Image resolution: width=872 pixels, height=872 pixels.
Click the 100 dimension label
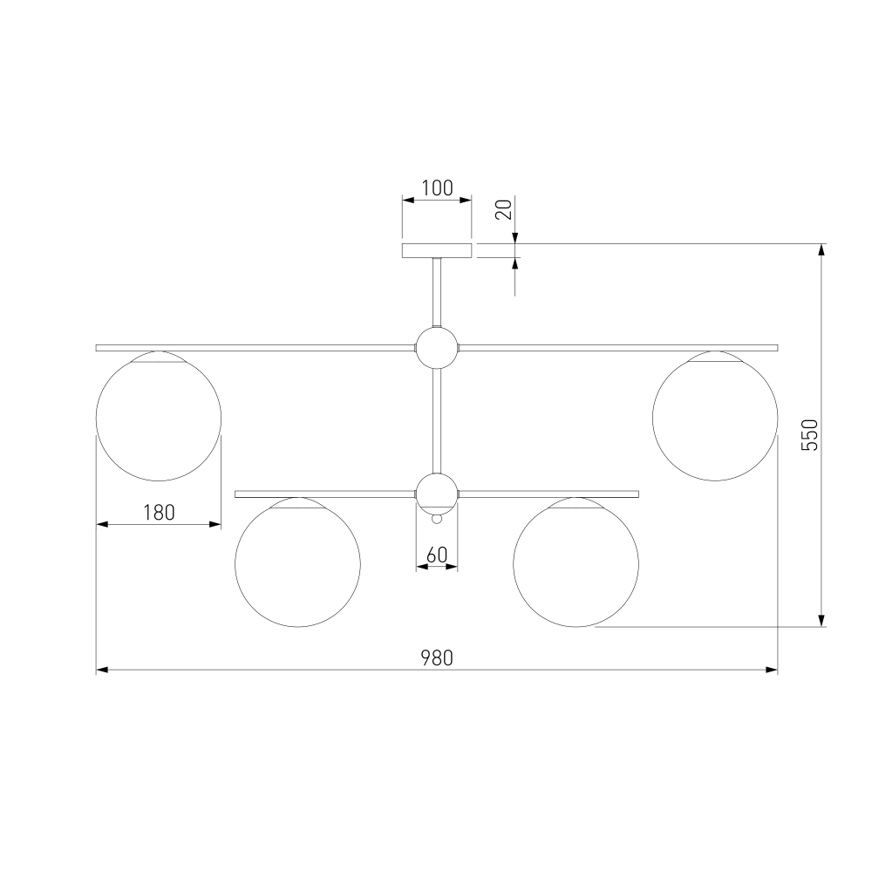point(437,188)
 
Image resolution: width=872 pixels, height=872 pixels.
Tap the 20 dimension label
point(503,209)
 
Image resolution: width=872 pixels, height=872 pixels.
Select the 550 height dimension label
point(810,435)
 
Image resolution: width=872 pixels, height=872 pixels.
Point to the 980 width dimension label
point(437,657)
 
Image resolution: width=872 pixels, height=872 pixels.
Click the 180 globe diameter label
point(159,512)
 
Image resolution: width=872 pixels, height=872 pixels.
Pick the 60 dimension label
point(437,555)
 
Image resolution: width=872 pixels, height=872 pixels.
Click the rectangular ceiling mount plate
point(437,250)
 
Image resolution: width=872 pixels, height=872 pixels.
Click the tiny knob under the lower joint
point(437,519)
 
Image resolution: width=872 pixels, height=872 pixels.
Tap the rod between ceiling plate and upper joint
point(437,292)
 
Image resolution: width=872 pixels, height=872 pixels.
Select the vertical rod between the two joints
point(437,421)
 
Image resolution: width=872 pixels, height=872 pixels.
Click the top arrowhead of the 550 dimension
point(821,249)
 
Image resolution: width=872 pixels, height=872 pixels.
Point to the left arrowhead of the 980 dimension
point(102,670)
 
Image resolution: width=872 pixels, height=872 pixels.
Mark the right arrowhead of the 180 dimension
point(215,524)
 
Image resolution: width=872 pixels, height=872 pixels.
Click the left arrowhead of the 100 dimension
point(409,200)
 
